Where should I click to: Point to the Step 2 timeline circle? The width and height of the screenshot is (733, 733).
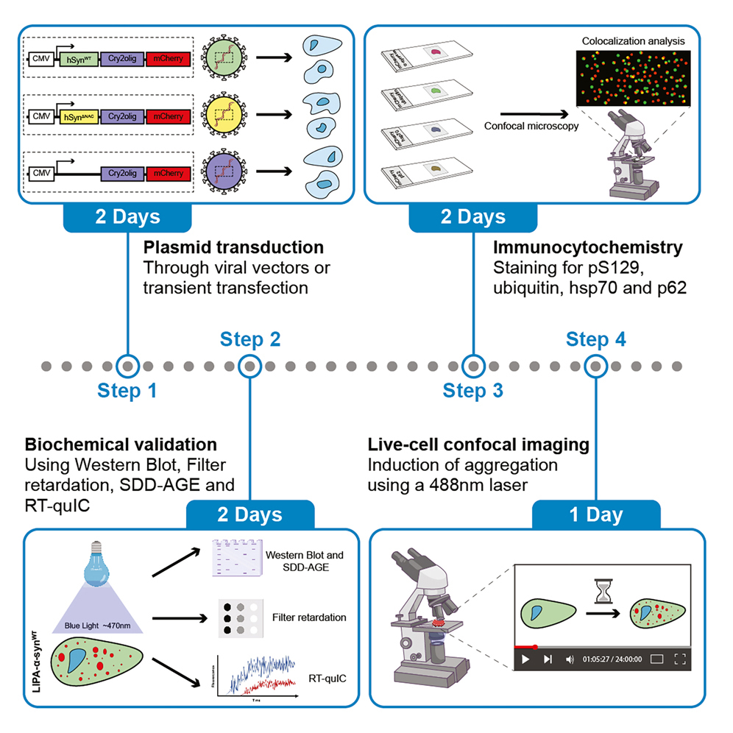click(250, 366)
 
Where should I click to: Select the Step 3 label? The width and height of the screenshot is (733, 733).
click(472, 390)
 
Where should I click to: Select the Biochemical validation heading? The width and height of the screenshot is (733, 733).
click(121, 445)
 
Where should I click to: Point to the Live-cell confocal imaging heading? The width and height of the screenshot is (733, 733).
click(478, 445)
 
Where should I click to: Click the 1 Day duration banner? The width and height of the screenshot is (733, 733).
click(595, 514)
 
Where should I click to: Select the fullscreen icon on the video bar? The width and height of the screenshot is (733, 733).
click(680, 659)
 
